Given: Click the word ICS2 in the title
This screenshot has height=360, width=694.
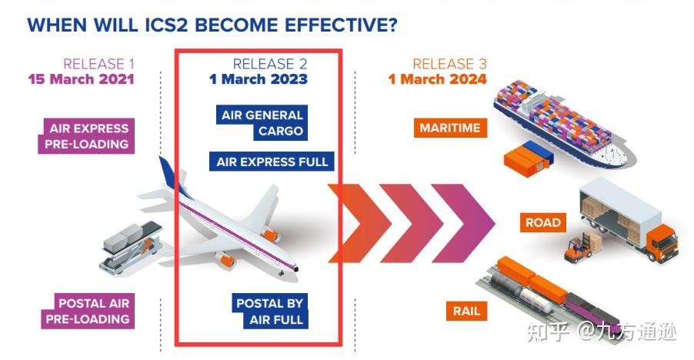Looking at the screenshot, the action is (x=167, y=25).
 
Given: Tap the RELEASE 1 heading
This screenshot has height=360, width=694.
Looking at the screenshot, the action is (x=98, y=64).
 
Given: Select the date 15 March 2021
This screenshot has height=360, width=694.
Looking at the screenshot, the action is (x=81, y=79).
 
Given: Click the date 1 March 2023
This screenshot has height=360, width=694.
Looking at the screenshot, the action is (x=259, y=79).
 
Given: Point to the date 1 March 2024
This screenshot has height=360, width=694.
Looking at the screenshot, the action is (x=437, y=79).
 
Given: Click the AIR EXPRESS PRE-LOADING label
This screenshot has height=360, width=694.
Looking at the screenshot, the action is (x=86, y=136).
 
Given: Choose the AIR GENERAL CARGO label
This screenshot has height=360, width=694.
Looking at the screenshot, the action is (x=262, y=122).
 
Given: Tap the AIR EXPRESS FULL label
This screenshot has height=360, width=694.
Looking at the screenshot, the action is (x=272, y=162).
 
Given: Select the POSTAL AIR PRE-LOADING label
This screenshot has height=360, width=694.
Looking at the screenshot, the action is (x=88, y=311).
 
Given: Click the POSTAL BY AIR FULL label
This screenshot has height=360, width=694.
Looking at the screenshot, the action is (x=270, y=311).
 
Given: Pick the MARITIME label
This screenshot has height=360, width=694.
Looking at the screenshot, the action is (x=450, y=128).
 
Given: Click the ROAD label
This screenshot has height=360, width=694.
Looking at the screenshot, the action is (x=543, y=222).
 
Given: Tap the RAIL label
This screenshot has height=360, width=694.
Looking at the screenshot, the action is (x=466, y=311).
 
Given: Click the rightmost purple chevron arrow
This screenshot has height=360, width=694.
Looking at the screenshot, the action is (x=463, y=223).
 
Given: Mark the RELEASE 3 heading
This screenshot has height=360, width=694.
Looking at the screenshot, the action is (x=449, y=64).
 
